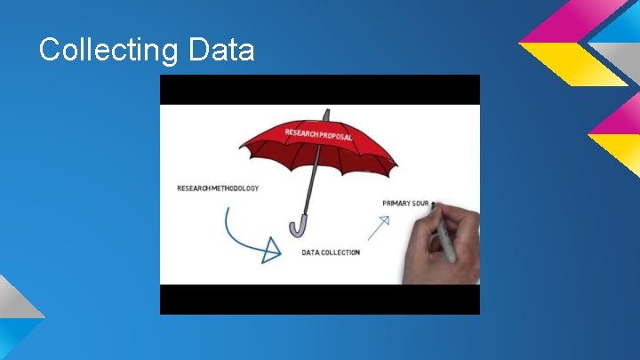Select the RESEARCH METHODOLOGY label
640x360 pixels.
click(x=218, y=188)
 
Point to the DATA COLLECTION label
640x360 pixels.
click(x=331, y=252)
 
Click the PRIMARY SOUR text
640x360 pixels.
click(x=405, y=204)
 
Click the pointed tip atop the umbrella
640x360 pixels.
click(x=326, y=114)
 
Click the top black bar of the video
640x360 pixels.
click(x=319, y=90)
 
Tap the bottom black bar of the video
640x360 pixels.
click(x=319, y=300)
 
